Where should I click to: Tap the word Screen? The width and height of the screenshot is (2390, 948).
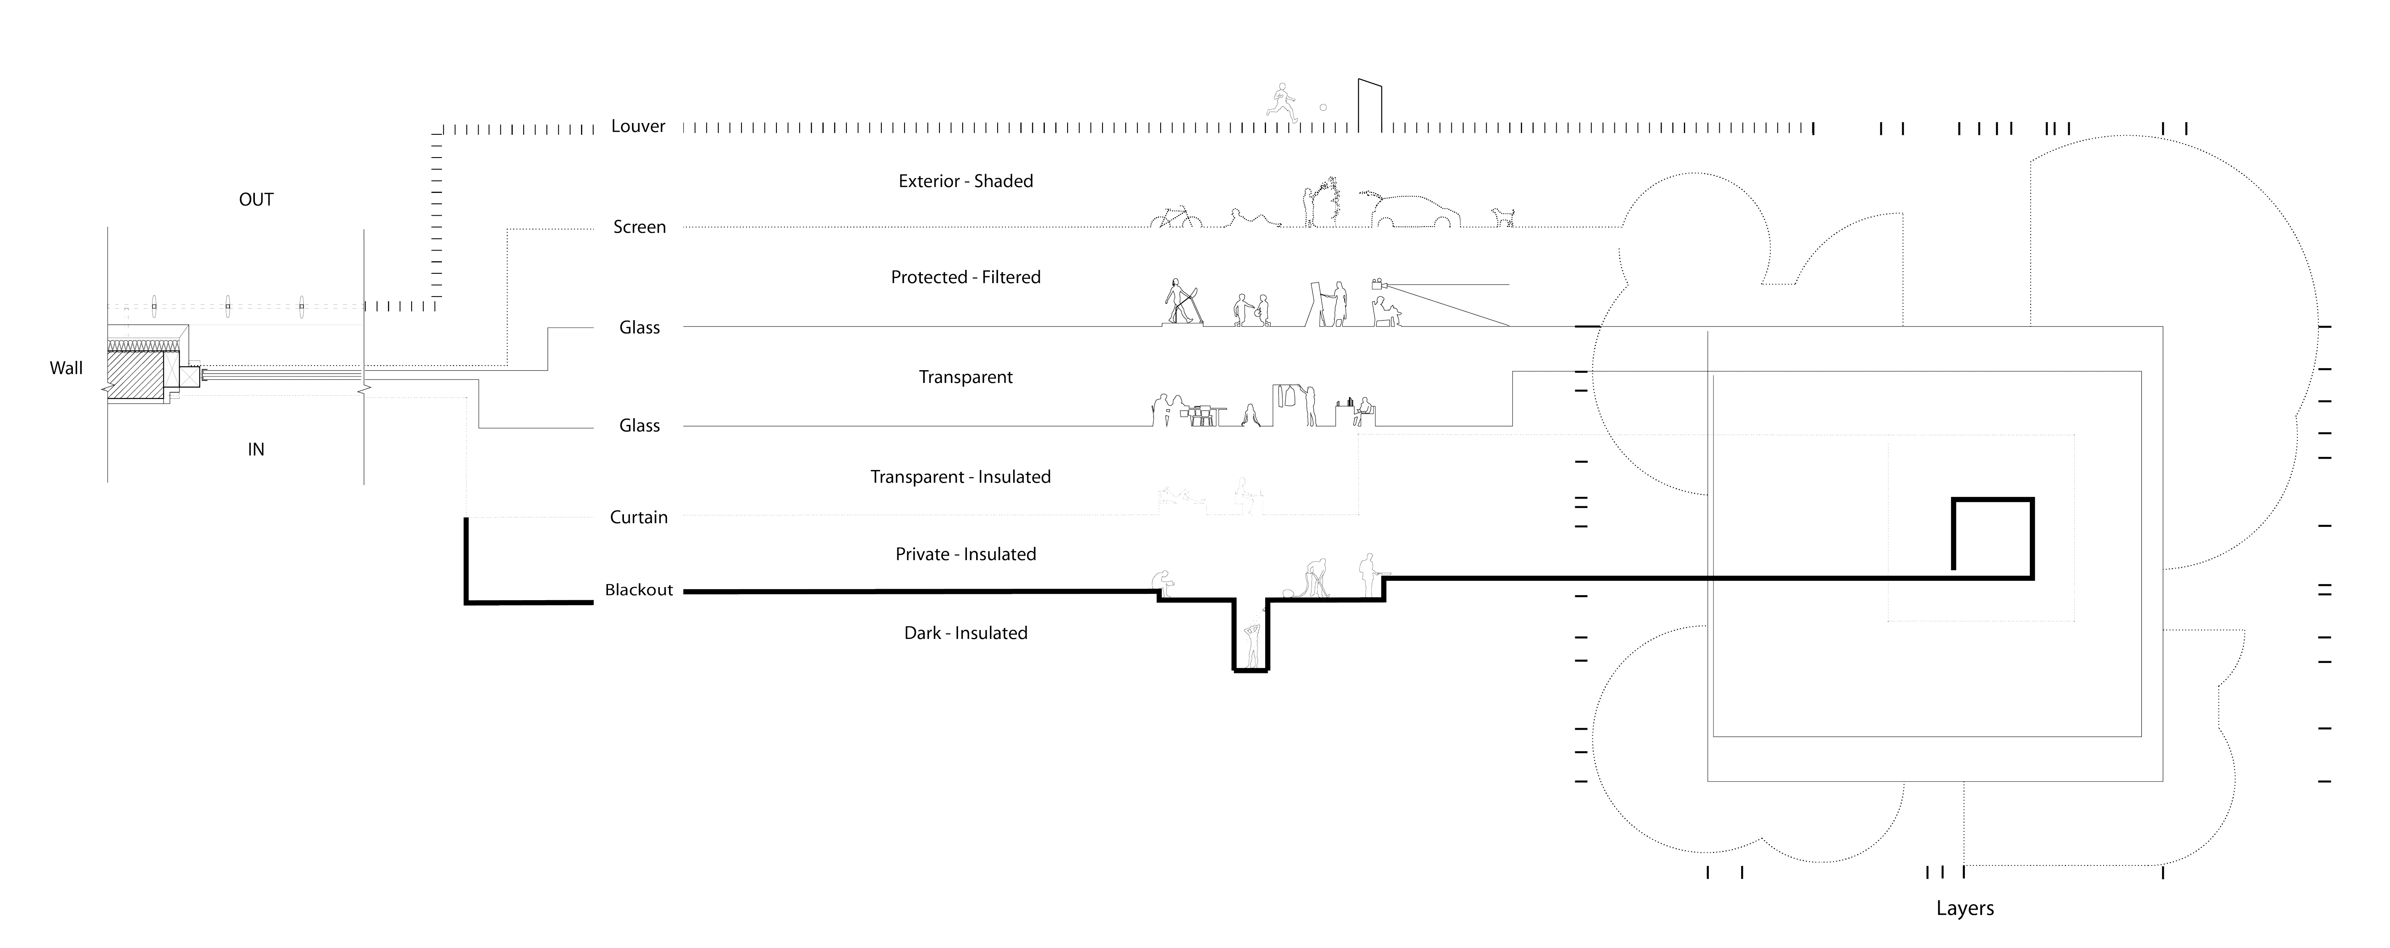tap(639, 227)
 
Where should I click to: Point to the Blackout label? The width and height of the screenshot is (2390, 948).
tap(638, 590)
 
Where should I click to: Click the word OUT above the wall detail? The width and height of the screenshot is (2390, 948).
tap(256, 200)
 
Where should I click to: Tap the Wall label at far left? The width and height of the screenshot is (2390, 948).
tap(66, 368)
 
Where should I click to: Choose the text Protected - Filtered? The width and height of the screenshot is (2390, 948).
tap(965, 278)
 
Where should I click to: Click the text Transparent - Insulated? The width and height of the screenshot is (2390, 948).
tap(960, 477)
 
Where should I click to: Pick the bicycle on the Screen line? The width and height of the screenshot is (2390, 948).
tap(1175, 219)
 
